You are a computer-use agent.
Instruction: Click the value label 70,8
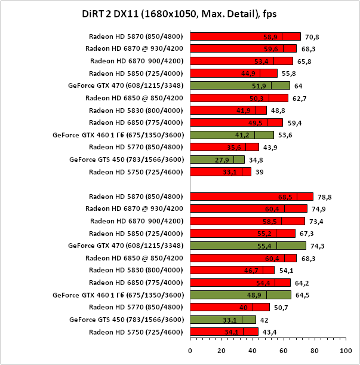click(x=312, y=36)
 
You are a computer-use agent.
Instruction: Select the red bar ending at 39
click(x=220, y=172)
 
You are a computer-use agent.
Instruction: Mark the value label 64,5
click(x=302, y=295)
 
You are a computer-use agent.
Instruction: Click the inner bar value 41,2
click(x=242, y=135)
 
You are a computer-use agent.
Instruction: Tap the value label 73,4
click(x=315, y=221)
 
